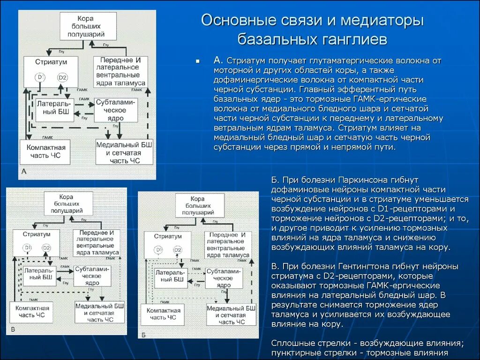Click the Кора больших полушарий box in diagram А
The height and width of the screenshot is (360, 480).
[88, 26]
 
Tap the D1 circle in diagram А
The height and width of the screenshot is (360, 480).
[40, 77]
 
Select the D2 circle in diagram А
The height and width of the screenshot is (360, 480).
[62, 77]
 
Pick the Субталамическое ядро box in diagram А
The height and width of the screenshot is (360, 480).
[116, 110]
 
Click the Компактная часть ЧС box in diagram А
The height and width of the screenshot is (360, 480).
[45, 151]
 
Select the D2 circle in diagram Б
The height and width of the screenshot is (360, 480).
[178, 250]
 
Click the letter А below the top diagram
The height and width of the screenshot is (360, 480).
[24, 172]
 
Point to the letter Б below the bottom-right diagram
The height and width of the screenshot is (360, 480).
[143, 335]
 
